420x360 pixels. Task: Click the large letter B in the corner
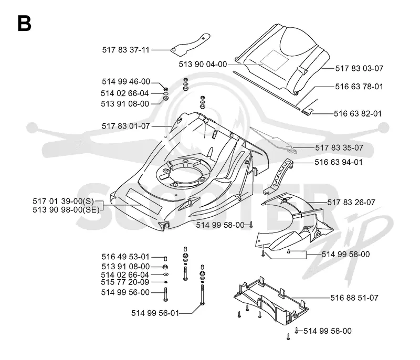click(x=24, y=23)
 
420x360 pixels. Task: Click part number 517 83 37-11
click(x=125, y=50)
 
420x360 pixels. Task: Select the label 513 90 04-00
click(x=203, y=64)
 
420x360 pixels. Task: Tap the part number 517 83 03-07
click(x=359, y=69)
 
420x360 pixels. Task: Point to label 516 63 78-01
click(x=359, y=87)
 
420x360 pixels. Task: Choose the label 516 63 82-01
click(x=358, y=114)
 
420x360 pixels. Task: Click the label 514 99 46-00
click(x=126, y=82)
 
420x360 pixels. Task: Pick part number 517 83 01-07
click(x=125, y=126)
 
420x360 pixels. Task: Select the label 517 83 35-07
click(x=339, y=148)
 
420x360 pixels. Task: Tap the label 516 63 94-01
click(x=338, y=162)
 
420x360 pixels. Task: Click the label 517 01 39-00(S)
click(x=63, y=201)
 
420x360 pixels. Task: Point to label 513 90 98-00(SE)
click(x=66, y=209)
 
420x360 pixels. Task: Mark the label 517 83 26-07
click(x=351, y=203)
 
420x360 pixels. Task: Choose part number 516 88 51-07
click(x=354, y=298)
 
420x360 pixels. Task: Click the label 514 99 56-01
click(x=155, y=313)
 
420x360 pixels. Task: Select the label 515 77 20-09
click(x=125, y=282)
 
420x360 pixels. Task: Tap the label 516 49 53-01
click(x=125, y=257)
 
